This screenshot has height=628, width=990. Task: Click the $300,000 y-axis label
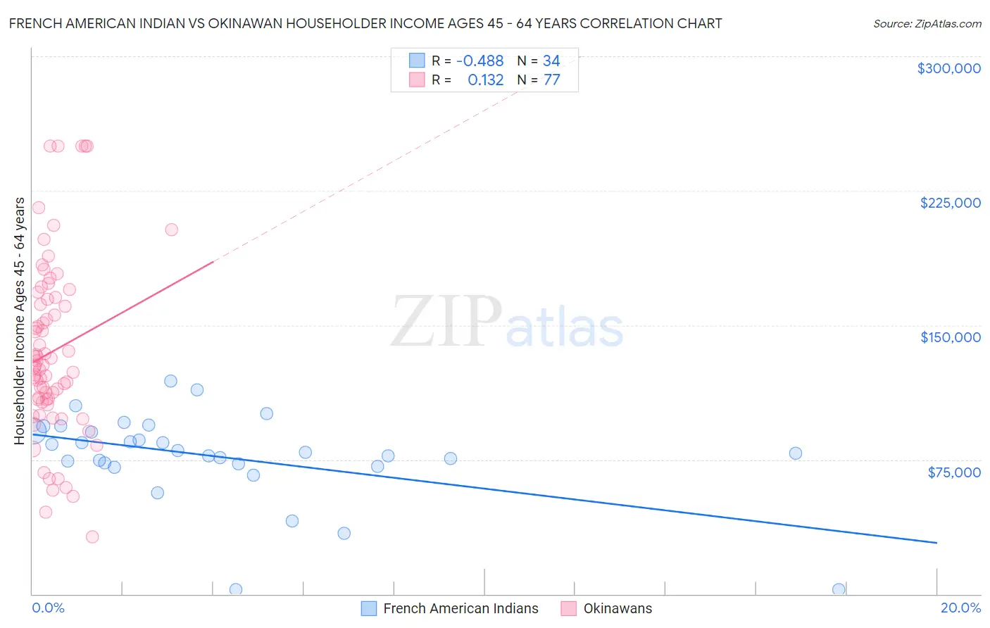pyautogui.click(x=948, y=68)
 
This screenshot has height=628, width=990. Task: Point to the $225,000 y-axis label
pyautogui.click(x=950, y=203)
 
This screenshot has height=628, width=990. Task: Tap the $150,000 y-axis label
pyautogui.click(x=950, y=337)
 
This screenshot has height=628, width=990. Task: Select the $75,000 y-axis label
pyautogui.click(x=953, y=472)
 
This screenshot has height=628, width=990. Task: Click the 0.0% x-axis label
pyautogui.click(x=48, y=608)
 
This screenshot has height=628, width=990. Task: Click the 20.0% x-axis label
pyautogui.click(x=960, y=608)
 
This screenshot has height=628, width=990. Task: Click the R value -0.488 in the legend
pyautogui.click(x=480, y=61)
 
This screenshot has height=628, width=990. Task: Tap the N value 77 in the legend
pyautogui.click(x=551, y=80)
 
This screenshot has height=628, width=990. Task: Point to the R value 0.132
pyautogui.click(x=486, y=80)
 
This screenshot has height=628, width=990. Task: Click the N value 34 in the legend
pyautogui.click(x=551, y=61)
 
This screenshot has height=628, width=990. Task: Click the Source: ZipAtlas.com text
pyautogui.click(x=927, y=24)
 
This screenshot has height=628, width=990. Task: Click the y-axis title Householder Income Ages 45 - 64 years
pyautogui.click(x=20, y=321)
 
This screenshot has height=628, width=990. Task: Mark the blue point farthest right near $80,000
pyautogui.click(x=795, y=453)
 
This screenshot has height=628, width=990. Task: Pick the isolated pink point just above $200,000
pyautogui.click(x=171, y=230)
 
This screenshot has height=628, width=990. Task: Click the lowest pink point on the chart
pyautogui.click(x=92, y=537)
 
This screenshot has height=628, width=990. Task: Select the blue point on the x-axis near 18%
pyautogui.click(x=839, y=589)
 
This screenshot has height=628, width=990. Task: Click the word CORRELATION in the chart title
pyautogui.click(x=603, y=24)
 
